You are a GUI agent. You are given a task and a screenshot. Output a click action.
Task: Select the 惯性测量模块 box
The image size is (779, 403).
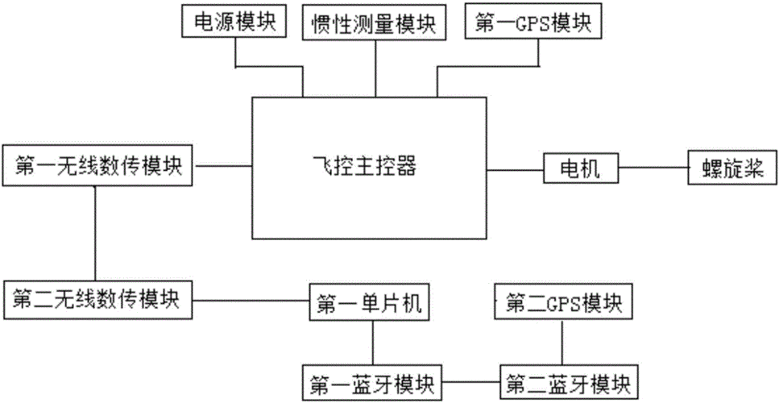pyautogui.click(x=374, y=23)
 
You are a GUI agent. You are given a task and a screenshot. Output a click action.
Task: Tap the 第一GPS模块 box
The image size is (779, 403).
pyautogui.click(x=534, y=23)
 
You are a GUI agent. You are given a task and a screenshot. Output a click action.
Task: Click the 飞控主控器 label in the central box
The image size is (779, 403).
pyautogui.click(x=374, y=167)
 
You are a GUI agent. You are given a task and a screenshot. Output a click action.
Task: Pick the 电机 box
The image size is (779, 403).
pyautogui.click(x=580, y=168)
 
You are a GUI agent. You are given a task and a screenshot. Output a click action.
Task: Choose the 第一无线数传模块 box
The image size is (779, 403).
pyautogui.click(x=97, y=168)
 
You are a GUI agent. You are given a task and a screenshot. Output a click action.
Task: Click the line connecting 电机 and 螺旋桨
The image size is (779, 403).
pyautogui.click(x=653, y=168)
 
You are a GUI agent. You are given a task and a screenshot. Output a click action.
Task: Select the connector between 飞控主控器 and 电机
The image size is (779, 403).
pyautogui.click(x=516, y=168)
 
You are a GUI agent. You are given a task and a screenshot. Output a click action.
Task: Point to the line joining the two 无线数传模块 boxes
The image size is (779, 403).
pyautogui.click(x=96, y=234)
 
